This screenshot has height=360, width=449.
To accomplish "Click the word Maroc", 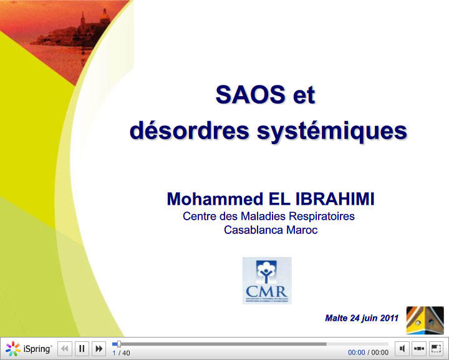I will pos(302,230).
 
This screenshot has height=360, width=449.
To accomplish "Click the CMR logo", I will pos(267,280).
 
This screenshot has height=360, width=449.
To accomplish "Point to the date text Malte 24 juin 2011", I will pos(362,318).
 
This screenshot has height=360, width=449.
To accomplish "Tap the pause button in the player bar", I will pos(82,349).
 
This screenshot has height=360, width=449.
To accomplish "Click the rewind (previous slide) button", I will pos(65,349).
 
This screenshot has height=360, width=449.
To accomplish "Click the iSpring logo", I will pos(29,349).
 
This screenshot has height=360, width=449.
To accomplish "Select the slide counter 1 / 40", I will pos(121,353).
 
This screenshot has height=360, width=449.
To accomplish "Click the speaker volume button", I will pos(403,348).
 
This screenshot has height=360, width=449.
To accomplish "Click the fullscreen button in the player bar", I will pos(437,348).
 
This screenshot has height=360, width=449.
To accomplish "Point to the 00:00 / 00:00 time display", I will pos(368,353).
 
